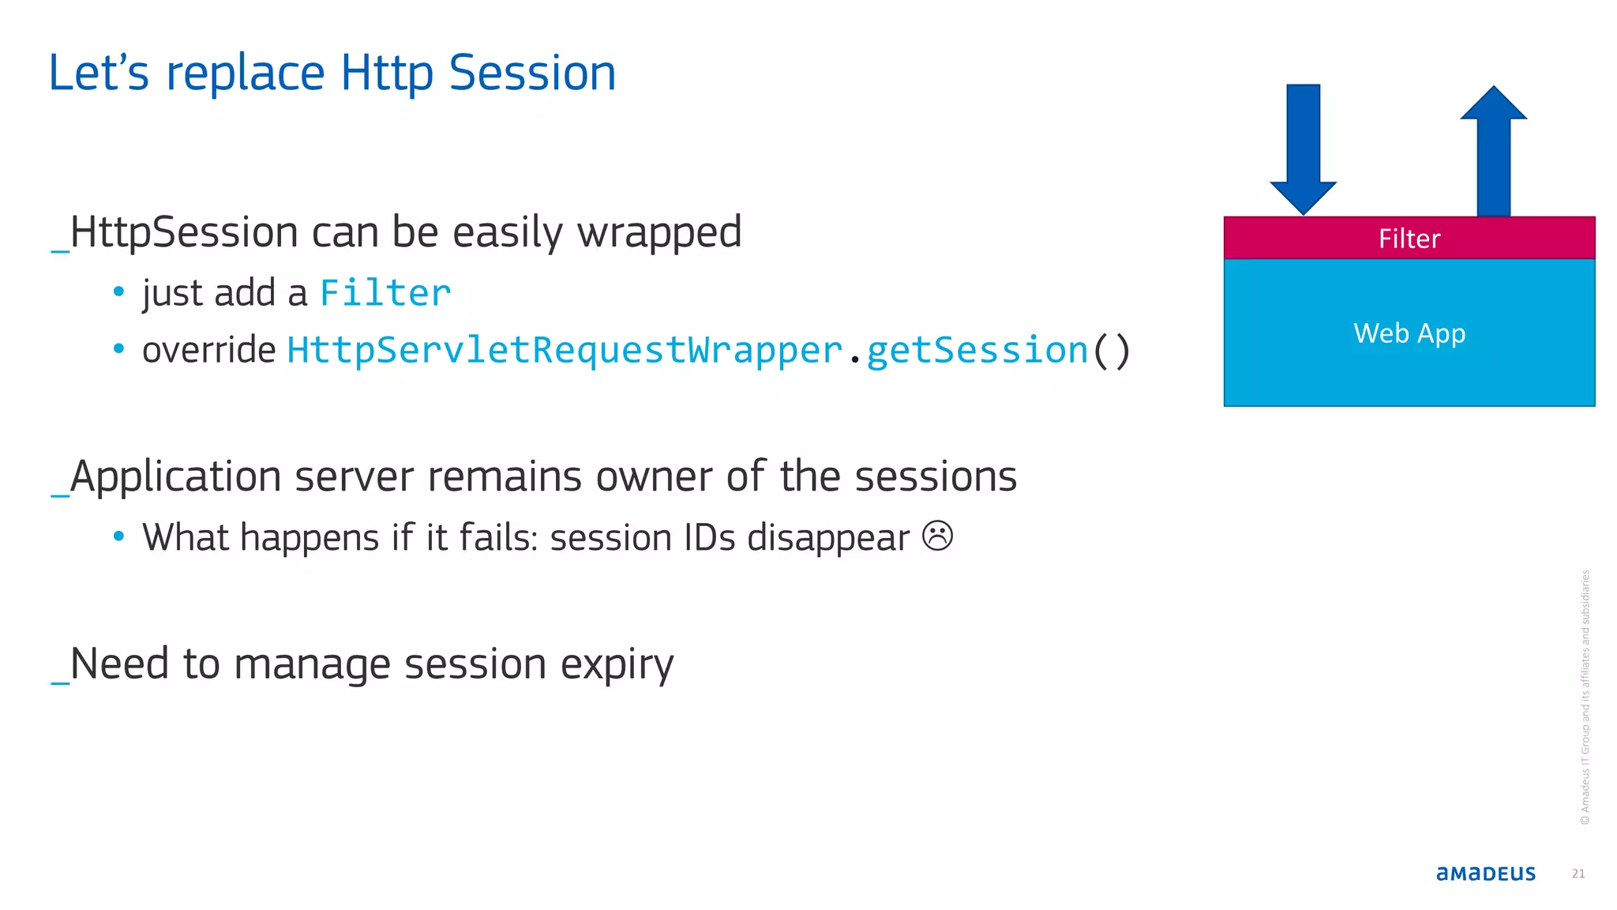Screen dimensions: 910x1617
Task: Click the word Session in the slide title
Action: pyautogui.click(x=532, y=73)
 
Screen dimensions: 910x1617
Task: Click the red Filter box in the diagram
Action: pyautogui.click(x=1409, y=238)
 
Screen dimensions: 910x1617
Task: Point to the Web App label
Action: pyautogui.click(x=1409, y=333)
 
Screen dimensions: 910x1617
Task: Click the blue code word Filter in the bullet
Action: pyautogui.click(x=385, y=293)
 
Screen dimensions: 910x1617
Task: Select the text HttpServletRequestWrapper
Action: pyautogui.click(x=565, y=350)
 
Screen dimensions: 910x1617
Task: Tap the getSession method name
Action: pyautogui.click(x=977, y=350)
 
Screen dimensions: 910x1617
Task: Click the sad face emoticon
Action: pyautogui.click(x=937, y=536)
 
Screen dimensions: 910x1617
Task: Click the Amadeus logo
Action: pyautogui.click(x=1485, y=873)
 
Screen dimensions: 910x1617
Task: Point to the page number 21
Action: pyautogui.click(x=1578, y=873)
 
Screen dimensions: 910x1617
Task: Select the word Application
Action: pyautogui.click(x=175, y=478)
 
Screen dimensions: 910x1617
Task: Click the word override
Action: pyautogui.click(x=208, y=350)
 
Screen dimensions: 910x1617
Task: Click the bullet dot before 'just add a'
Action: pyautogui.click(x=118, y=291)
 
